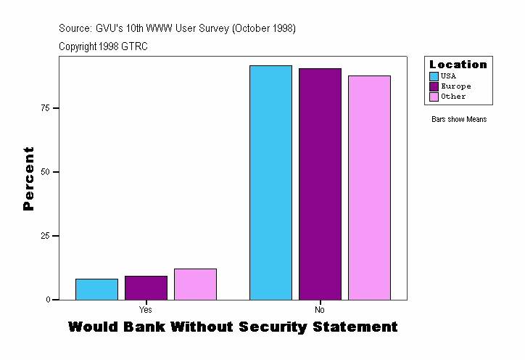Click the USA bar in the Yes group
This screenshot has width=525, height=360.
96,289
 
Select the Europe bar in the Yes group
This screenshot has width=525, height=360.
146,287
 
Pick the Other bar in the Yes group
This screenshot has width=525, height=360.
195,284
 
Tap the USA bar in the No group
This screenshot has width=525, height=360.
270,182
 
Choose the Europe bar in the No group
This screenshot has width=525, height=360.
320,184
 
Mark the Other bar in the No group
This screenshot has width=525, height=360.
369,187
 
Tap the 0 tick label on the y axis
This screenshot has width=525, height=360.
47,300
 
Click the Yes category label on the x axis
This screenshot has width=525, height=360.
145,310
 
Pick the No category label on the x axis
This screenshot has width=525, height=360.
320,310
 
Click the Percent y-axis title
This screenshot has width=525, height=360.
28,179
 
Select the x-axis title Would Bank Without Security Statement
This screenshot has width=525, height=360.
233,327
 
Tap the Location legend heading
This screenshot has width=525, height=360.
458,65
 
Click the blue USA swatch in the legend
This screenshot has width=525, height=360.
434,76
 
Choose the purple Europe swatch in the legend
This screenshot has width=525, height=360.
434,86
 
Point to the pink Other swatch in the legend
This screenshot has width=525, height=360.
434,97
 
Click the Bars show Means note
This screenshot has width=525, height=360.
459,120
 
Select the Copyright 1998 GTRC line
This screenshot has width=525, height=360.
104,46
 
